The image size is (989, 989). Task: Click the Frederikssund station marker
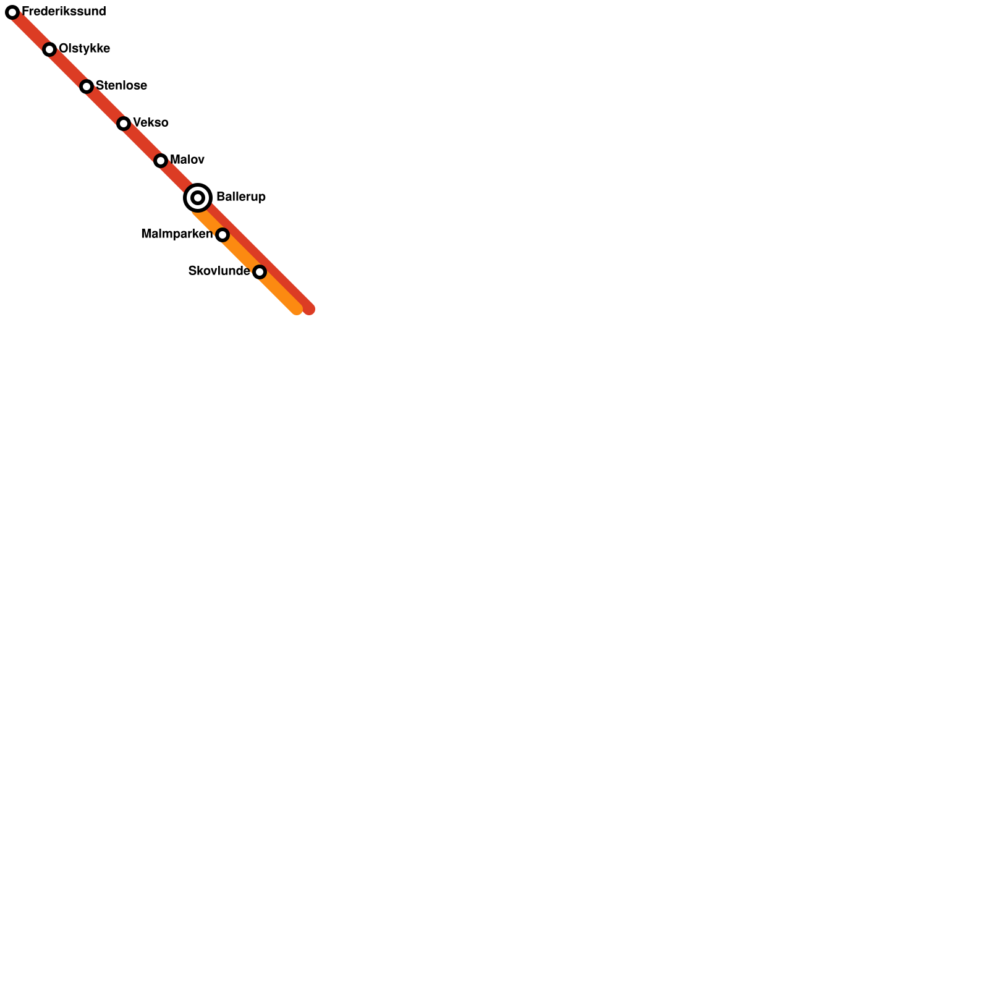12,12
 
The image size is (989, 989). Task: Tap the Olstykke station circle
49,49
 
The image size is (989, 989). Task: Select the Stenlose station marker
87,87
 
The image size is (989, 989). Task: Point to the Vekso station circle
124,124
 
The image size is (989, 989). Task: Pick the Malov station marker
161,161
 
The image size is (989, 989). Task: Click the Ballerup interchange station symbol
198,198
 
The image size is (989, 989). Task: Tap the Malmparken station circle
223,235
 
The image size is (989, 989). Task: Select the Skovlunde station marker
260,272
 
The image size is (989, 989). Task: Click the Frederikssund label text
64,12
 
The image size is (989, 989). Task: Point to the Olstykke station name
84,49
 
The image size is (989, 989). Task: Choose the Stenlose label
121,86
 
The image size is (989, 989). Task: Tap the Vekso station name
150,123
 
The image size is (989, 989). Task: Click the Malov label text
187,160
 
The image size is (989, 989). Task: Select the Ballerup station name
241,197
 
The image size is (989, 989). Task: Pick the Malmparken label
177,234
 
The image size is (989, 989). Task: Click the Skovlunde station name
219,271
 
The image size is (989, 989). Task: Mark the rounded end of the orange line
297,308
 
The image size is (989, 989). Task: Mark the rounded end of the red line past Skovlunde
308,308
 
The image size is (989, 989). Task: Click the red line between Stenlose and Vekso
105,105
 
